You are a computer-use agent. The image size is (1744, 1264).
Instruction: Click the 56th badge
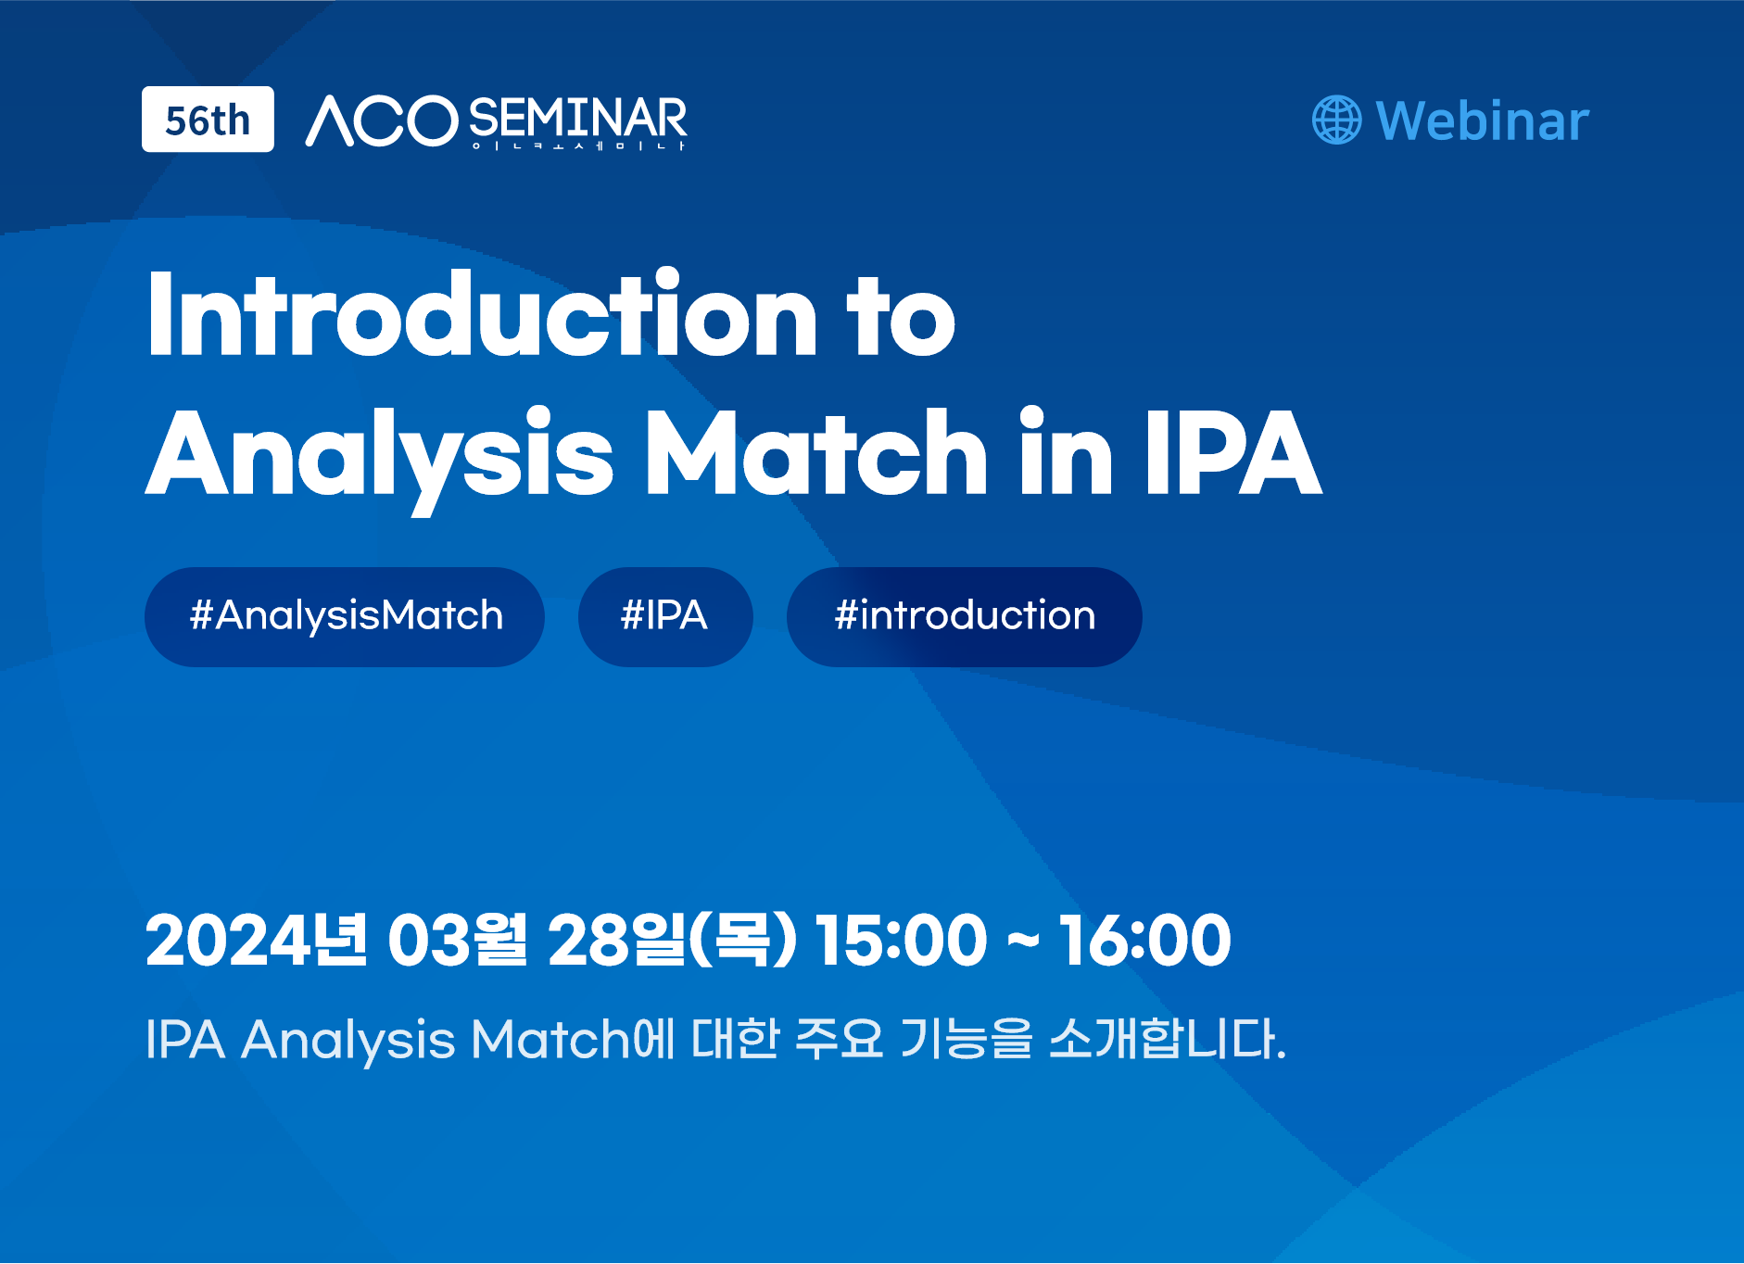208,120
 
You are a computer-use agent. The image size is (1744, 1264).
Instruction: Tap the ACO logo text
382,120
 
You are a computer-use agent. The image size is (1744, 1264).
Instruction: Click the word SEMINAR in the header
578,119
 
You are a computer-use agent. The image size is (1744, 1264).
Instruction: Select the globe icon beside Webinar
1337,120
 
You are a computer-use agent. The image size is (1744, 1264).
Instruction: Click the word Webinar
1483,121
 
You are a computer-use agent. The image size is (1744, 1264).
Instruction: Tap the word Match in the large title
816,451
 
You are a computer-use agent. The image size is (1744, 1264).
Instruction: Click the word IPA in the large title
1233,451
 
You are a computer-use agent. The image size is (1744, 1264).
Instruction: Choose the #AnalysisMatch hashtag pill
345,616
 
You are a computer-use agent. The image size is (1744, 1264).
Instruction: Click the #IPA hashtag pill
665,616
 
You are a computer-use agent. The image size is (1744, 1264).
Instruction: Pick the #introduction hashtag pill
965,616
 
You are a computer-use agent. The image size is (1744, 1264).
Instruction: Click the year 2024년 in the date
257,940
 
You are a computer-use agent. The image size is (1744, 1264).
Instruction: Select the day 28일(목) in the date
673,940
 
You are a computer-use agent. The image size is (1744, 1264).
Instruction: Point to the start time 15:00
901,940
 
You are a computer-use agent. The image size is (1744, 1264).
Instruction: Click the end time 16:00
1145,940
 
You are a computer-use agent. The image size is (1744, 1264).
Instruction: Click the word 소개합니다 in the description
1168,1038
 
